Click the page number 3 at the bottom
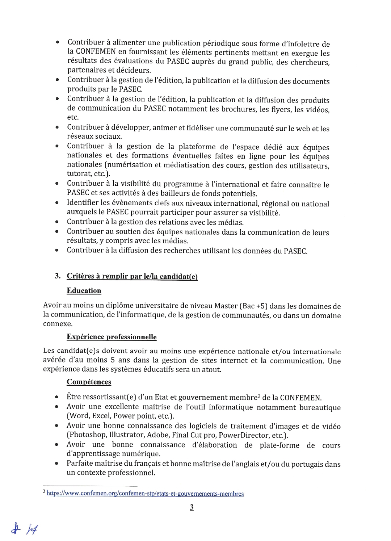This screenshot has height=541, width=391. tap(192, 507)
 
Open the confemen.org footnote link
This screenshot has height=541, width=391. tap(145, 494)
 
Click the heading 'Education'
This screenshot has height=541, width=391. tap(84, 291)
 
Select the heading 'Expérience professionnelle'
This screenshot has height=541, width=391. tap(112, 337)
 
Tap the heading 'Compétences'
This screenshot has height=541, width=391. tap(89, 382)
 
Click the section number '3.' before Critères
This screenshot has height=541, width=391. tap(58, 276)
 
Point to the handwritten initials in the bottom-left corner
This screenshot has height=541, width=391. tap(24, 529)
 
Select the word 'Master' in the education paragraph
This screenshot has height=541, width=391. tap(226, 306)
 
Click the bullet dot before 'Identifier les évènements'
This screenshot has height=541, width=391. tap(57, 203)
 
